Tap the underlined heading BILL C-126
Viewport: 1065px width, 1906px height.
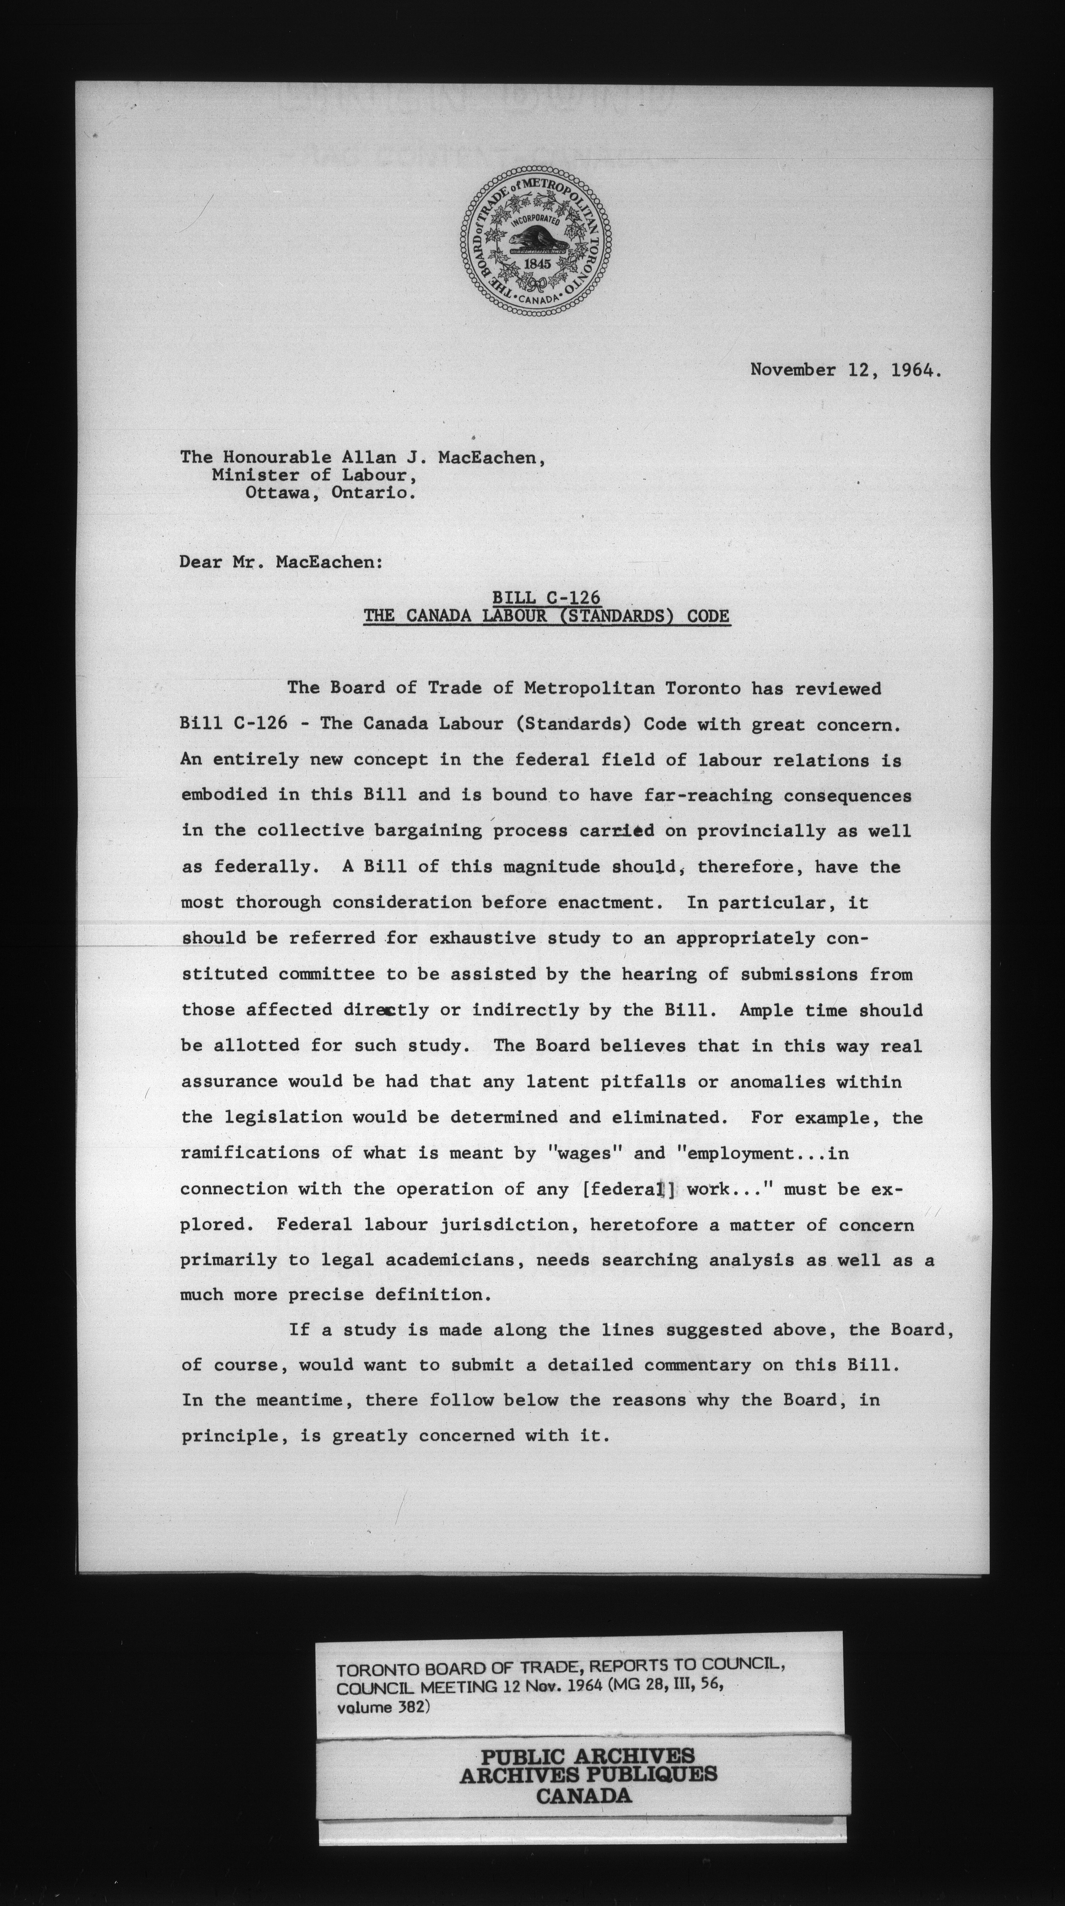(546, 598)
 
